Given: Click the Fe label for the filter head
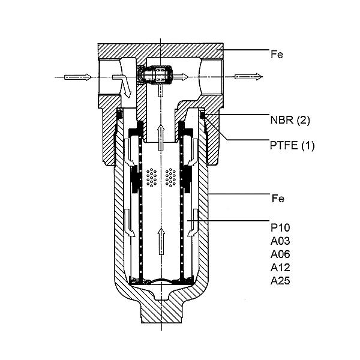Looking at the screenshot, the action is point(277,55).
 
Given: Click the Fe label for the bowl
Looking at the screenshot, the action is point(278,199).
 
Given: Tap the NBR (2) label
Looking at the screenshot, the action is point(290,120).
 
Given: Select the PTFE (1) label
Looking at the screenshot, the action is point(292,145).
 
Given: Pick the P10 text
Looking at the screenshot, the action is point(280,228).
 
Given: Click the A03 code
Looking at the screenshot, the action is point(280,241).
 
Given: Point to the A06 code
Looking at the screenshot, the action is point(280,254).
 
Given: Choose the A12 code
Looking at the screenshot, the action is point(280,268).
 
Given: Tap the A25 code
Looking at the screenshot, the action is point(280,281).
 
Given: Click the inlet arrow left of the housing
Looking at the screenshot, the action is point(78,77).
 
